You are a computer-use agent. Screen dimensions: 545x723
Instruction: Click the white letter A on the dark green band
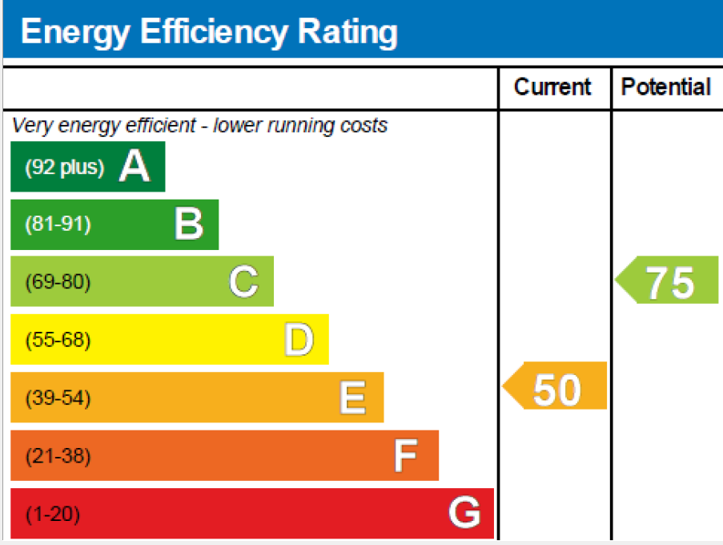coord(135,168)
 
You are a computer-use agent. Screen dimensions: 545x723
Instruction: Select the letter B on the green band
coord(188,224)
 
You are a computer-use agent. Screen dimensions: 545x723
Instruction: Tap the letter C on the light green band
coord(243,282)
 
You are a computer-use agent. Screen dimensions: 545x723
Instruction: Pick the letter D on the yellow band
coord(299,340)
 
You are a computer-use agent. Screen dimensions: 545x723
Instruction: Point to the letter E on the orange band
coord(352,398)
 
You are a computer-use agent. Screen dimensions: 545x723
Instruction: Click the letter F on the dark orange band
coord(406,456)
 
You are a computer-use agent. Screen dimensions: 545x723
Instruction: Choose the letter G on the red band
coord(464,513)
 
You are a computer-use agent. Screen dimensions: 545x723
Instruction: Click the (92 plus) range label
coord(65,168)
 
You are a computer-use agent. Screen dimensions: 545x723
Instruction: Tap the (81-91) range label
coord(58,224)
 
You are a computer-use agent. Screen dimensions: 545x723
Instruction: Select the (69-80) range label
coord(58,282)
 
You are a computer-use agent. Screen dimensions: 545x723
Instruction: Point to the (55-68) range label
coord(58,340)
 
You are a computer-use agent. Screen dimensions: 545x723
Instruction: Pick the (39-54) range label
coord(58,398)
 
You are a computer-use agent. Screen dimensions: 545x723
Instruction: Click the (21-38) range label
coord(58,456)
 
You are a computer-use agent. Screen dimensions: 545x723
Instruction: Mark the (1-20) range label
coord(53,514)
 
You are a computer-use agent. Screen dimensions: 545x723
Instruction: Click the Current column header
coord(552,87)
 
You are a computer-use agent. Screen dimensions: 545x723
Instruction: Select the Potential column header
coord(666,87)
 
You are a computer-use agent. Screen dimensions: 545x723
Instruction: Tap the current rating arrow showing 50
coord(556,389)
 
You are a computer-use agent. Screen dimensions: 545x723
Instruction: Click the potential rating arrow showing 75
coord(669,282)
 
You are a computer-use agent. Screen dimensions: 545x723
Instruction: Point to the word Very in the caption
coord(29,126)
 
